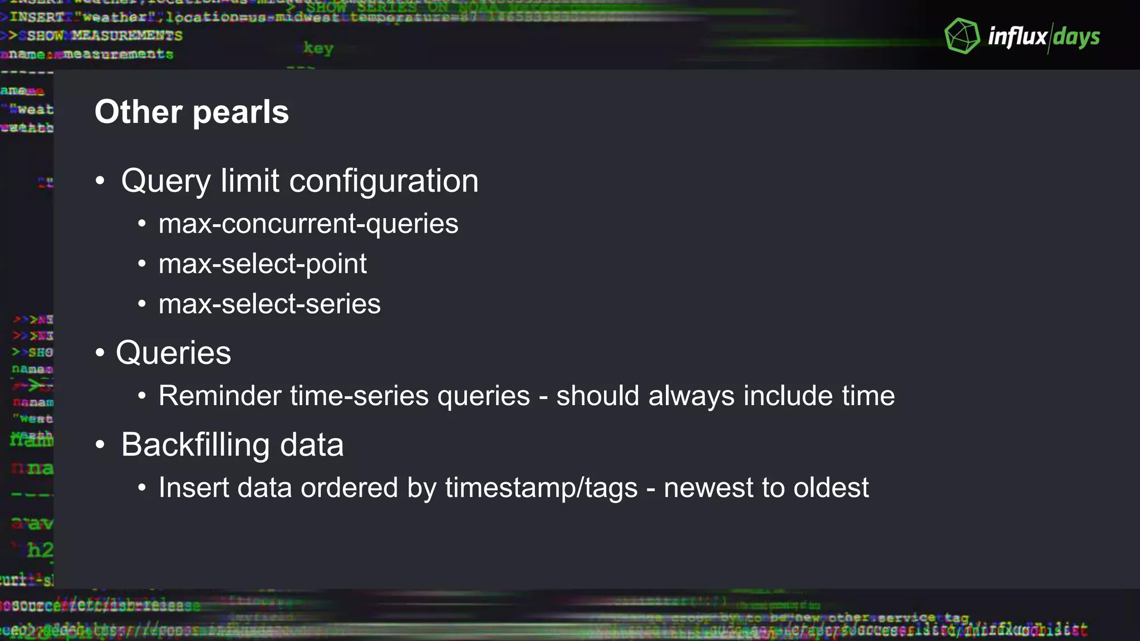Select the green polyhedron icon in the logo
pos(962,36)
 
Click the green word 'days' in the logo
pos(1077,37)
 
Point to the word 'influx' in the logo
pos(1017,37)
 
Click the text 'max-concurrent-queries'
pos(308,224)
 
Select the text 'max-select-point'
pos(263,264)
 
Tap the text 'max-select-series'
pos(269,304)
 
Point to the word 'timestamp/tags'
pos(541,487)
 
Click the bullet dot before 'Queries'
pos(100,353)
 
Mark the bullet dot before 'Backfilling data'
pos(100,445)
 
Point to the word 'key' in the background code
pos(318,48)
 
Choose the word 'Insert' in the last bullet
pos(194,487)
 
